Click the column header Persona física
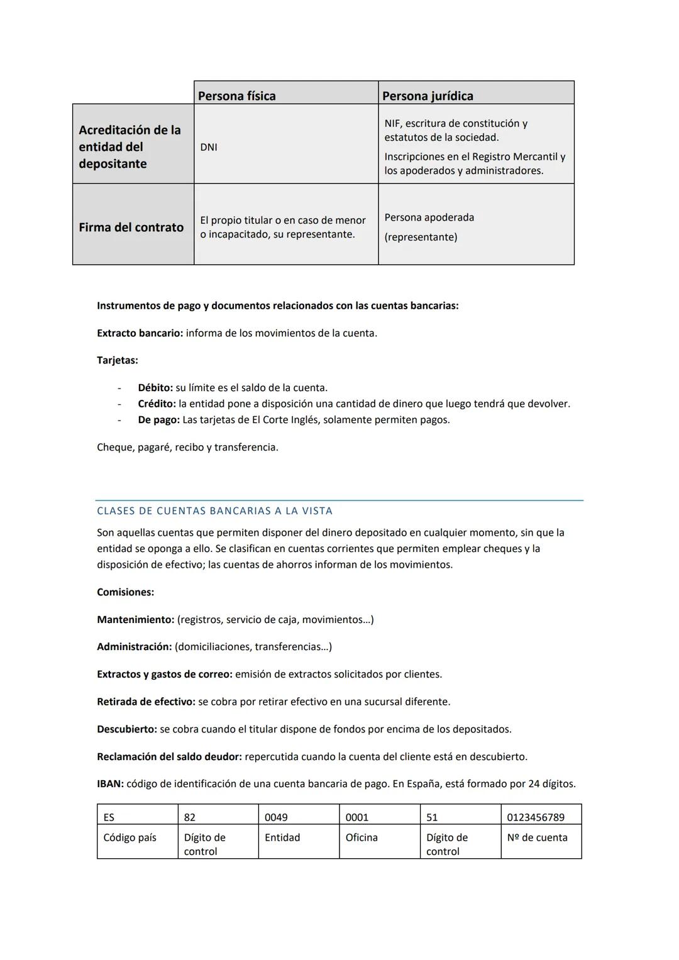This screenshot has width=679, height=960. [x=237, y=96]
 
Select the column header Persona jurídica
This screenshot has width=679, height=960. [x=428, y=96]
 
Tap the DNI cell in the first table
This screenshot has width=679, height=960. [x=209, y=147]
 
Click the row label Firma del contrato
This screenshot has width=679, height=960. [x=131, y=227]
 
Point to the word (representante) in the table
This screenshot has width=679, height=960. [x=421, y=237]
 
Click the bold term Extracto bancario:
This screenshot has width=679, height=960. [x=140, y=333]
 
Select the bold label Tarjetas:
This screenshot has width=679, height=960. [x=118, y=360]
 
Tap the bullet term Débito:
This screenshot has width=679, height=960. [x=155, y=388]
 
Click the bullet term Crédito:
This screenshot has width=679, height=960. [x=157, y=404]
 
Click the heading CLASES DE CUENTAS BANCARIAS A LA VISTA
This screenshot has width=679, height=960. [x=214, y=510]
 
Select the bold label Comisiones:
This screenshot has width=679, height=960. [x=125, y=592]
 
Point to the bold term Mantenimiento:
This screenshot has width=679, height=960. [x=135, y=619]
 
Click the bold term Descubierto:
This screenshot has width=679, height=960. [x=126, y=729]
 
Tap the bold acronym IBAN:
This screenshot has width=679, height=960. [x=110, y=784]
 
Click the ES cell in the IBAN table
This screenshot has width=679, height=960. [x=109, y=817]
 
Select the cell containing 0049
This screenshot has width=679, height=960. [x=276, y=817]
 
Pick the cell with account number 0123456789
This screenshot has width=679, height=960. [x=535, y=817]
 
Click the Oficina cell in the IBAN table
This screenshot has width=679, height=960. [x=362, y=837]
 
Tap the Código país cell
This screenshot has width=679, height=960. [x=130, y=837]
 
